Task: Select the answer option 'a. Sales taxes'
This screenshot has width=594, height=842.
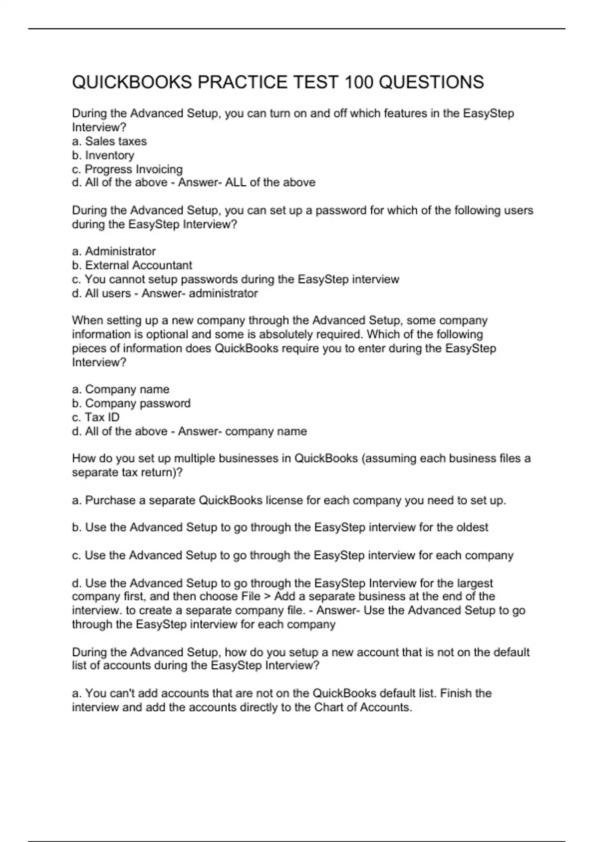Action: coord(109,141)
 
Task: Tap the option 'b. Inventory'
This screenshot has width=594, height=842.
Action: coord(103,155)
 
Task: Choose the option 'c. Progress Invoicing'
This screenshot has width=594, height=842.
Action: coord(127,169)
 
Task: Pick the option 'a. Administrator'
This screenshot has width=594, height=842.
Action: coord(114,251)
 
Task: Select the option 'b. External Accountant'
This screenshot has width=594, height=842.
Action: coord(132,265)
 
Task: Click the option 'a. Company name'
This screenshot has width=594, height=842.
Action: coord(121,389)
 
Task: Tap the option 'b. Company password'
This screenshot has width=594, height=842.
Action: coord(131,403)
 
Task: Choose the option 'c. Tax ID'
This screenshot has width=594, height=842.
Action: coord(96,417)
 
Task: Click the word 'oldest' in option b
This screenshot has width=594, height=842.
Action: coord(472,527)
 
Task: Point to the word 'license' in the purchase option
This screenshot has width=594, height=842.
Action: coord(284,500)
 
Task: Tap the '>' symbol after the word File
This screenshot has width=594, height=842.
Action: coord(267,596)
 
